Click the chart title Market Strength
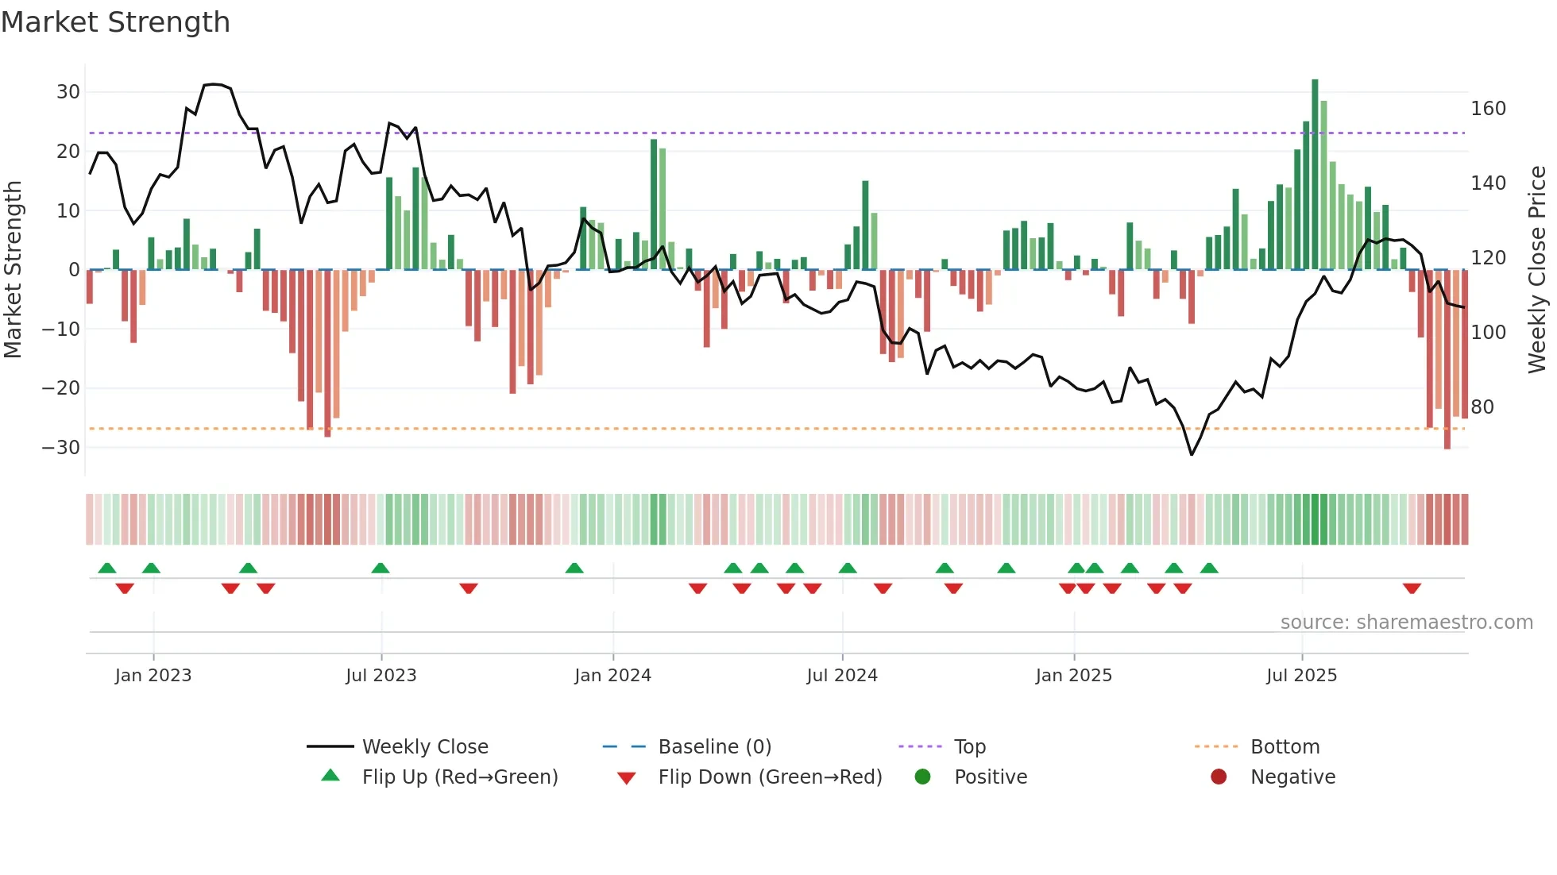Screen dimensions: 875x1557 (x=115, y=22)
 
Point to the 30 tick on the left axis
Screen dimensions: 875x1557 (x=68, y=92)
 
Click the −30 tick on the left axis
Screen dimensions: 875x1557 (x=62, y=448)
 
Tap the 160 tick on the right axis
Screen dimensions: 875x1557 (x=1488, y=109)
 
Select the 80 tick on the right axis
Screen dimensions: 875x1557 (x=1482, y=407)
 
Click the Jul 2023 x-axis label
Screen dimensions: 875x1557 (x=381, y=676)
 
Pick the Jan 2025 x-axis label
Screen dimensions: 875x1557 (x=1073, y=676)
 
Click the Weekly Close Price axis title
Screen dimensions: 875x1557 (x=1537, y=270)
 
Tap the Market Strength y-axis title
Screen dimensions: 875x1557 (x=14, y=270)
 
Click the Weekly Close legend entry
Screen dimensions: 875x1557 (x=424, y=747)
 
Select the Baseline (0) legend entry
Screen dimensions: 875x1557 (x=714, y=747)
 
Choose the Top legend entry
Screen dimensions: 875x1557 (x=969, y=747)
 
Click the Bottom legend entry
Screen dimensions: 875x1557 (x=1285, y=747)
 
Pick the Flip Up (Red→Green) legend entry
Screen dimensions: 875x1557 (x=459, y=777)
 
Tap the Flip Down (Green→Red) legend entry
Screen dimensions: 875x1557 (x=769, y=777)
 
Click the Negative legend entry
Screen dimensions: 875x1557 (x=1292, y=777)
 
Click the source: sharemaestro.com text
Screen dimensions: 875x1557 (x=1406, y=623)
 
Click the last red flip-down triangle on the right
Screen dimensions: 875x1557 (x=1412, y=588)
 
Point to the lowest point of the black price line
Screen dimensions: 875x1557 (x=1192, y=454)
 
